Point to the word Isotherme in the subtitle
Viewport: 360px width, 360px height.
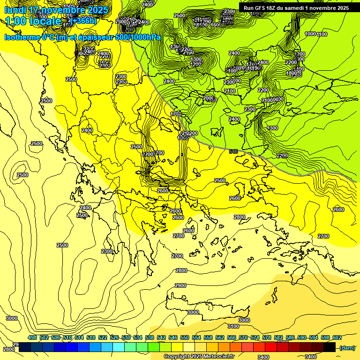[22, 37]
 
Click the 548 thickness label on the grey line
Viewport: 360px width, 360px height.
[233, 151]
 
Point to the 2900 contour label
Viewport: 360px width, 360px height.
[180, 285]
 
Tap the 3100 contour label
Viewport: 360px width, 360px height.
[233, 326]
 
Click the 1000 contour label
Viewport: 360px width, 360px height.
[310, 34]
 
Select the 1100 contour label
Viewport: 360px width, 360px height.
[322, 34]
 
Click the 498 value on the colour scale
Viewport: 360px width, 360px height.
[32, 337]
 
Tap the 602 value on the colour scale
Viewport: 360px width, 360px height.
[337, 337]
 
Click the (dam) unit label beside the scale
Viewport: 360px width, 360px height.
[347, 347]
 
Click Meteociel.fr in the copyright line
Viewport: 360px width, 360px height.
[219, 356]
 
